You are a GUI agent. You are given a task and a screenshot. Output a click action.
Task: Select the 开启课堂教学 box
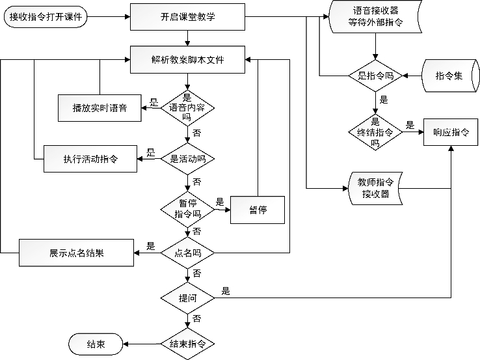[x=187, y=17]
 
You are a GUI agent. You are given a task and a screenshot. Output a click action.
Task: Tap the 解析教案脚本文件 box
[x=187, y=59]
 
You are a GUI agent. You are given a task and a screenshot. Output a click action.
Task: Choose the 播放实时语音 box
[x=100, y=107]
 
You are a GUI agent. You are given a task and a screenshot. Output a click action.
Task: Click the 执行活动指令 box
[x=90, y=159]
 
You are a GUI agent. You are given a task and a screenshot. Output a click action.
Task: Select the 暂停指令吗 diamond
[x=187, y=208]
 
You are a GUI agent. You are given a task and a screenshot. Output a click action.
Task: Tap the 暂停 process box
[x=258, y=210]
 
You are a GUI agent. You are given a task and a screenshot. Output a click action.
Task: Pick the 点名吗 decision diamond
[x=187, y=252]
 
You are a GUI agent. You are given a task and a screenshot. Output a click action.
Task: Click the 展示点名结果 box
[x=76, y=253]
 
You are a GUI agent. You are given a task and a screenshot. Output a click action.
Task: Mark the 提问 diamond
[x=187, y=298]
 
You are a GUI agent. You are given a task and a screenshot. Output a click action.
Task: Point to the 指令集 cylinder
[x=449, y=76]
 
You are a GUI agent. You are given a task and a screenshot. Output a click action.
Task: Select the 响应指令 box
[x=451, y=132]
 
